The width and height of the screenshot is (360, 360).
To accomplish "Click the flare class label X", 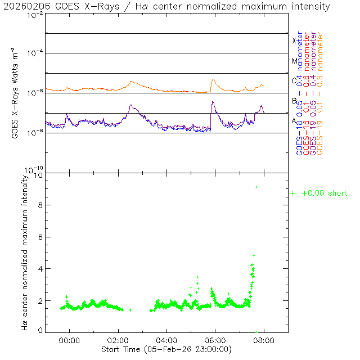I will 294,40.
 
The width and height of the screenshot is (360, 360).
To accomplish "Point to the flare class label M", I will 294,61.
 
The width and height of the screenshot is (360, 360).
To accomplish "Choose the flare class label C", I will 294,80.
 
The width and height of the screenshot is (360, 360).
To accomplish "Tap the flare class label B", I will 294,101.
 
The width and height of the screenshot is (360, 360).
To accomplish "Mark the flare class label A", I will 294,120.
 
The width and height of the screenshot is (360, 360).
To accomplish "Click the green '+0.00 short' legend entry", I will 319,193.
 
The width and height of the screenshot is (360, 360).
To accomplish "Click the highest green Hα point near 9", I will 256,187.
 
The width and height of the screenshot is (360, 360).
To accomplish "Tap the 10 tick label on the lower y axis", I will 38,175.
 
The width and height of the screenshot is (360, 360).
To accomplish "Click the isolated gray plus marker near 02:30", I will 130,309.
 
